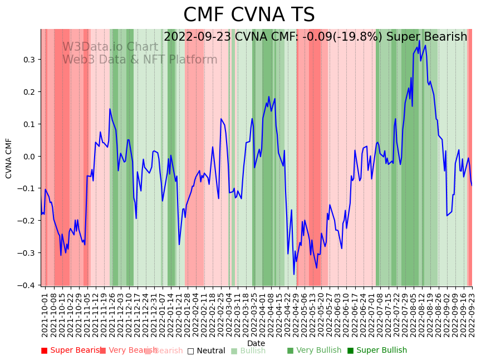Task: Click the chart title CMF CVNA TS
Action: point(249,15)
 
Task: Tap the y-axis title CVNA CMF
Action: point(9,158)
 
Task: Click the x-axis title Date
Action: point(256,343)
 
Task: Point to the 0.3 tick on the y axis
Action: point(29,60)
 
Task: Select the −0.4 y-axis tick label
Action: point(27,285)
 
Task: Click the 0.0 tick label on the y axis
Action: point(29,156)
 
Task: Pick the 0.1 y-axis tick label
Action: point(29,124)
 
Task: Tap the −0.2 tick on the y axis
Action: point(27,221)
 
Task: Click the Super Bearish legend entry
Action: point(71,351)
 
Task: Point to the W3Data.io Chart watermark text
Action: point(110,47)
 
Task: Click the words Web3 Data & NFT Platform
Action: point(140,60)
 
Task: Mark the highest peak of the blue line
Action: point(419,40)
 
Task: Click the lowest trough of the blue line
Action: point(294,274)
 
